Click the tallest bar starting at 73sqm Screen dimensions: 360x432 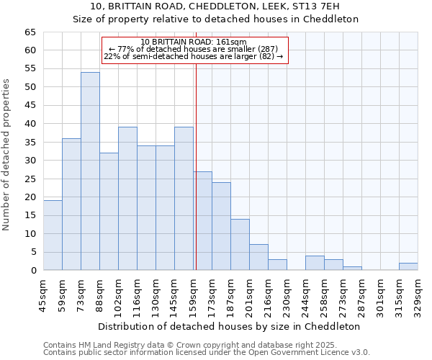pos(90,171)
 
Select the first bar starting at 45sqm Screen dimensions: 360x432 pos(53,235)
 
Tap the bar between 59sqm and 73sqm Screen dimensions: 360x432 pos(71,204)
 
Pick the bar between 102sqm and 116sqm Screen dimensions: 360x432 pos(127,199)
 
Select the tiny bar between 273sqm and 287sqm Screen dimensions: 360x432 pos(352,269)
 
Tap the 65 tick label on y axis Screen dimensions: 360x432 pos(30,32)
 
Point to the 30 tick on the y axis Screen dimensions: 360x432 pos(30,161)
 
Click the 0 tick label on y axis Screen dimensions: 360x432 pos(33,271)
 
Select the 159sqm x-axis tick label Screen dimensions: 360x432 pos(193,294)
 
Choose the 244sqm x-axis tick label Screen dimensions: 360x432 pos(305,294)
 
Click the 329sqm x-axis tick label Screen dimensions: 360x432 pos(418,294)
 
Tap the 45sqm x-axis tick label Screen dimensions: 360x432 pos(43,294)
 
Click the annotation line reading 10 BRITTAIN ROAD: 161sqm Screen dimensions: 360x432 pos(194,42)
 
